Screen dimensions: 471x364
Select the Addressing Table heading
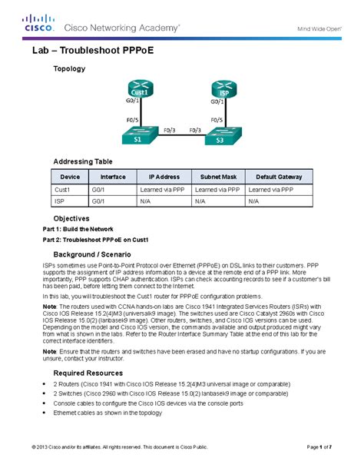click(x=82, y=162)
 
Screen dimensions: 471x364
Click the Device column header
click(x=70, y=175)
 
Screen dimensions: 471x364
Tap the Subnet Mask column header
click(x=218, y=175)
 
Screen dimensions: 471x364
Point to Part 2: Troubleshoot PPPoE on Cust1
click(x=94, y=240)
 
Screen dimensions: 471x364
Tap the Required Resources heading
click(x=89, y=370)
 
